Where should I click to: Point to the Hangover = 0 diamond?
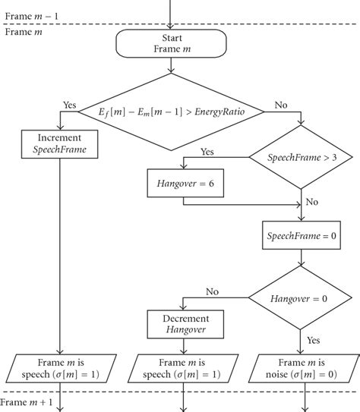pyautogui.click(x=304, y=299)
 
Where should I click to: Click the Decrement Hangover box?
pyautogui.click(x=182, y=323)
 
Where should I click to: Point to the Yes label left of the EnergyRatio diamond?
pyautogui.click(x=70, y=106)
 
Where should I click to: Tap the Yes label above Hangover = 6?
pyautogui.click(x=207, y=152)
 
